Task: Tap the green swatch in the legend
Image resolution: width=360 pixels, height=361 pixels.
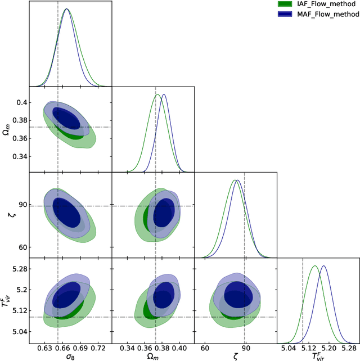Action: point(286,4)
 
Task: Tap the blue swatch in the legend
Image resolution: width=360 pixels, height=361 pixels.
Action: point(286,14)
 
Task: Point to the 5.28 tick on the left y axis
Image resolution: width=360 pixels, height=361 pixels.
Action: point(17,269)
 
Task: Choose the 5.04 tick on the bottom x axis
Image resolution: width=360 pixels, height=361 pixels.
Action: point(288,349)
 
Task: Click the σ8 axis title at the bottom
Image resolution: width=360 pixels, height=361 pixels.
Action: point(70,357)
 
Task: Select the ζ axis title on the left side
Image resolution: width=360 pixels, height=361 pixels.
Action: point(7,215)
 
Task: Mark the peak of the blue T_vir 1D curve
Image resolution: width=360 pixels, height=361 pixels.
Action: point(323,266)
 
